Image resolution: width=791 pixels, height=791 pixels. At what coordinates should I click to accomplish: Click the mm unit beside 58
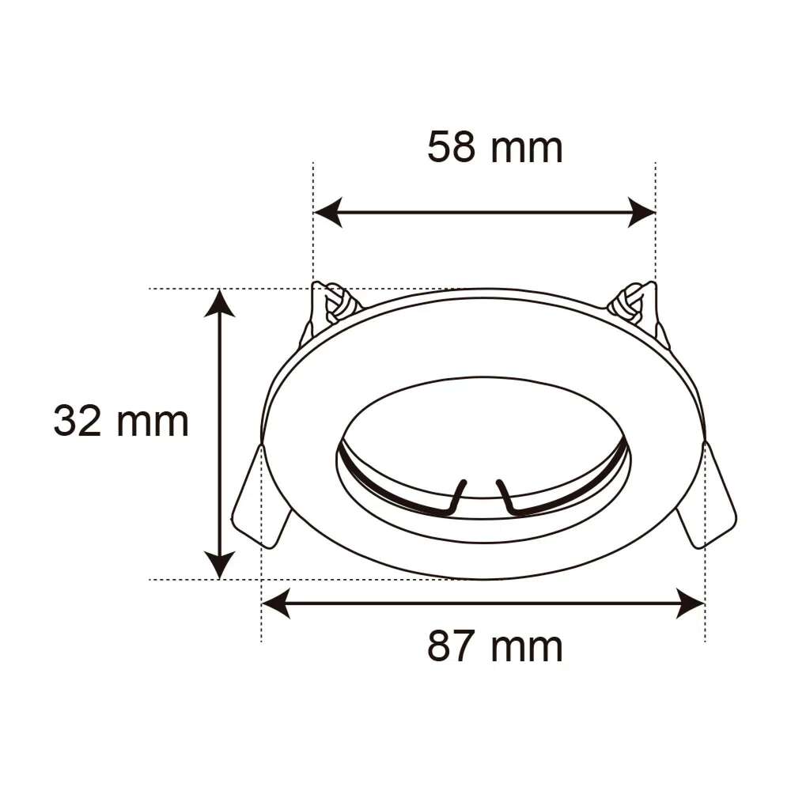[x=526, y=149]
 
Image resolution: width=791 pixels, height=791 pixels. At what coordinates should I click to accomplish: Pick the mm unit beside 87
[x=526, y=648]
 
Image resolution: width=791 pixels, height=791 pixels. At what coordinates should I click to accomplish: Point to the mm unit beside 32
[x=152, y=422]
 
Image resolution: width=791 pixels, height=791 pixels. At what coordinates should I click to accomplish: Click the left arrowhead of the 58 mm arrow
[x=327, y=212]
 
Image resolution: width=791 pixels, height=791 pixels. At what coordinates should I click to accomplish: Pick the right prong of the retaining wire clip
[x=506, y=496]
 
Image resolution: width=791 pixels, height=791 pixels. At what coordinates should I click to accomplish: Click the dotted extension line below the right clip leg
[x=704, y=629]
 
